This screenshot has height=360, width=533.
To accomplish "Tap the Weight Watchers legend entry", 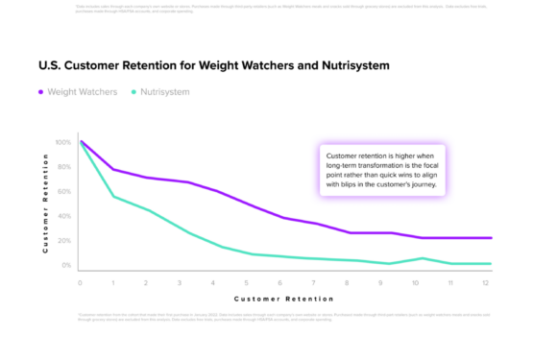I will pos(80,92).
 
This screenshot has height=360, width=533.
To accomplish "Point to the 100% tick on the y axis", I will pos(62,142).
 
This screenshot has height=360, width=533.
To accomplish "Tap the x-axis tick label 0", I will pos(80,283).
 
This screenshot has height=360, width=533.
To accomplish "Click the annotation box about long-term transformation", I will pos(380,171).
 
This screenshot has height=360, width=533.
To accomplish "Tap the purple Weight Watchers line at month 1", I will pos(114,169).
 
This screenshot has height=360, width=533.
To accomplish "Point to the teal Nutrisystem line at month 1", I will pos(114,197).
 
